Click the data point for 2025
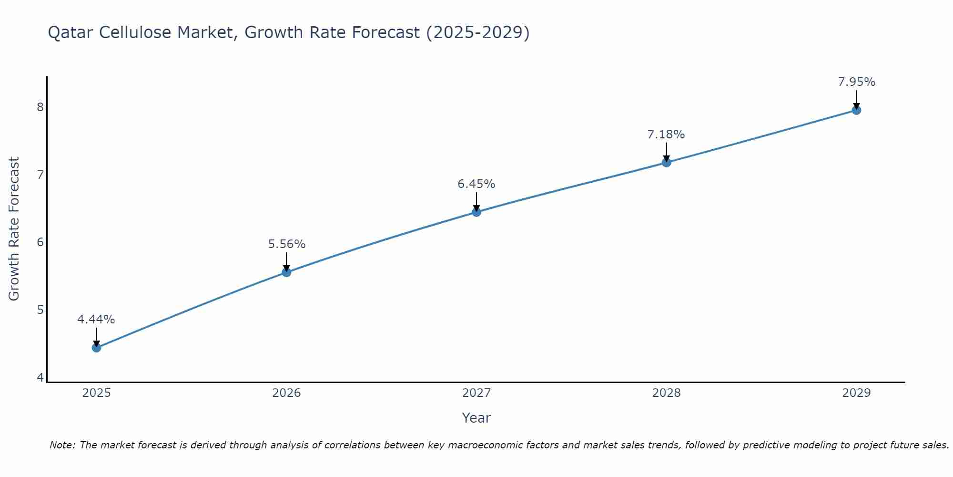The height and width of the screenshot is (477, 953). [x=96, y=348]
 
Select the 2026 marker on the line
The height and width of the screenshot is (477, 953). [x=286, y=272]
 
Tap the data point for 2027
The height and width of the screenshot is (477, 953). [x=476, y=212]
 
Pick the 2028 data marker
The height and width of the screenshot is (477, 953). [x=666, y=163]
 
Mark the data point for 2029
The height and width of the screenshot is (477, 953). [x=856, y=110]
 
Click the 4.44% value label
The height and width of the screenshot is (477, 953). [x=96, y=320]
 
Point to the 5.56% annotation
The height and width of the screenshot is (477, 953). [x=286, y=244]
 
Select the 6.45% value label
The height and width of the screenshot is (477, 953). [x=476, y=184]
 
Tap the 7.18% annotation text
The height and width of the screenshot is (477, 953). [x=666, y=135]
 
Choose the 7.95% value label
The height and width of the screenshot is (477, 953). [x=856, y=82]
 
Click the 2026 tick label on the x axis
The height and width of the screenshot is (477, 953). [x=286, y=393]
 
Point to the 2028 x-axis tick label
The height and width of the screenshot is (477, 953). [x=666, y=393]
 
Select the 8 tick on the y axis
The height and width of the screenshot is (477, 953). [x=40, y=107]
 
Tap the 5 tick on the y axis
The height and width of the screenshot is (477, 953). [x=40, y=310]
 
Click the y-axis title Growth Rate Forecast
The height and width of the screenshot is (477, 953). [x=14, y=229]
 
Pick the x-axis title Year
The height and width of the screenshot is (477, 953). [x=476, y=418]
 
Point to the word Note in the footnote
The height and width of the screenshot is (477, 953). [x=61, y=445]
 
